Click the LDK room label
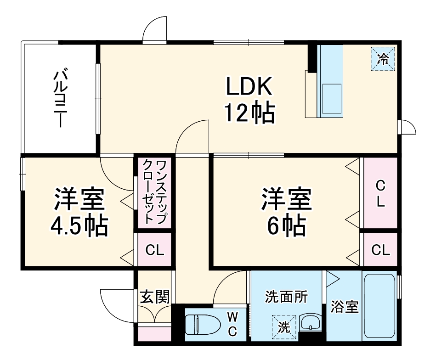[x=249, y=86]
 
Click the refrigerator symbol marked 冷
[x=383, y=58]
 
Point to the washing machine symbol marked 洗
[x=283, y=326]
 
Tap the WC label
[x=232, y=324]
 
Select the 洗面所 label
[x=286, y=297]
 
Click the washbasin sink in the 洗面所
[x=311, y=323]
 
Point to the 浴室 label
[x=344, y=307]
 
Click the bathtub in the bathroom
[x=379, y=306]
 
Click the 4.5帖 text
[x=79, y=225]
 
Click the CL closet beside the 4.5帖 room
[x=154, y=250]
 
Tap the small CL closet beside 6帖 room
[x=380, y=250]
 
